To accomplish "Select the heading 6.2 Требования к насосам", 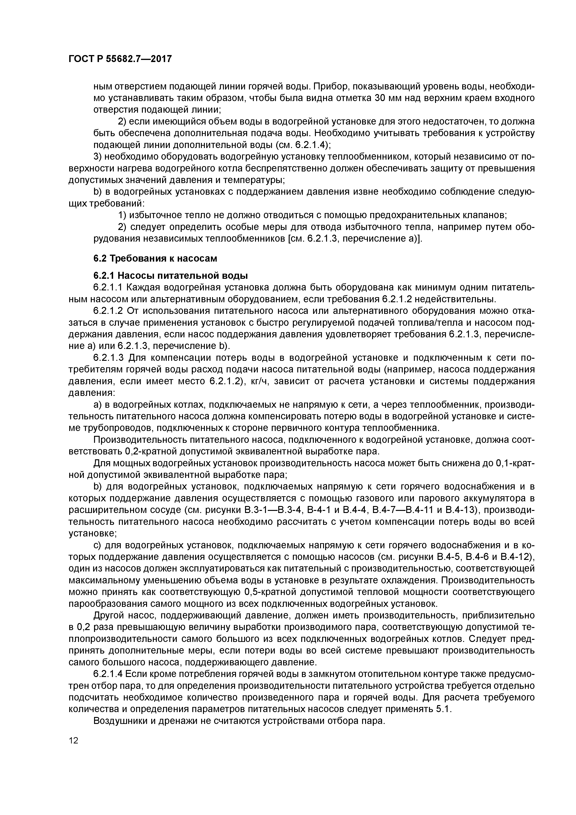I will pyautogui.click(x=155, y=258).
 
